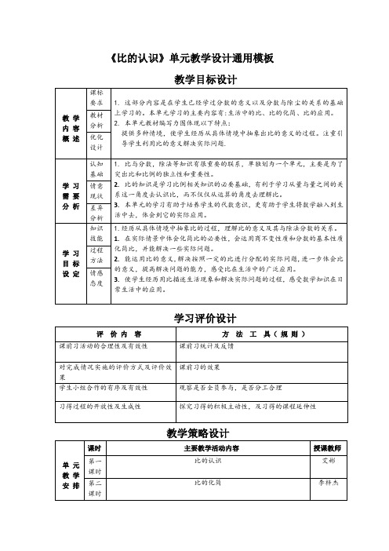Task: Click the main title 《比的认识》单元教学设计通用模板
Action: pos(192,58)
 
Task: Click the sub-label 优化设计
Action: pos(97,141)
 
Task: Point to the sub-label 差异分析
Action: pos(97,212)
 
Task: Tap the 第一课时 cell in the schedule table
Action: pos(96,466)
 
